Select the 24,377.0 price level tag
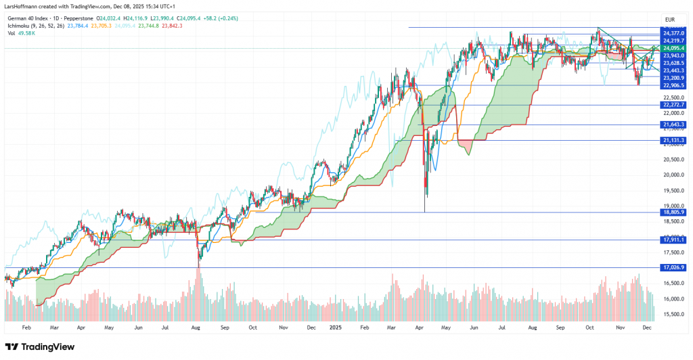point(673,33)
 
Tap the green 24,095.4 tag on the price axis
point(673,49)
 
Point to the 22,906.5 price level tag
point(673,85)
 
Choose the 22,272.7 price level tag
point(673,105)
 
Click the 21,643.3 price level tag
point(673,125)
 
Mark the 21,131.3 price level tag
point(673,140)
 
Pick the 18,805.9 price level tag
point(673,212)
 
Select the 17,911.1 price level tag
point(673,240)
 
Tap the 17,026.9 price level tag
point(673,267)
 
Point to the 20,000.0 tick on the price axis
point(673,175)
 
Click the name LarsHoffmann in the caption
point(23,7)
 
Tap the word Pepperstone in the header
point(77,18)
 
